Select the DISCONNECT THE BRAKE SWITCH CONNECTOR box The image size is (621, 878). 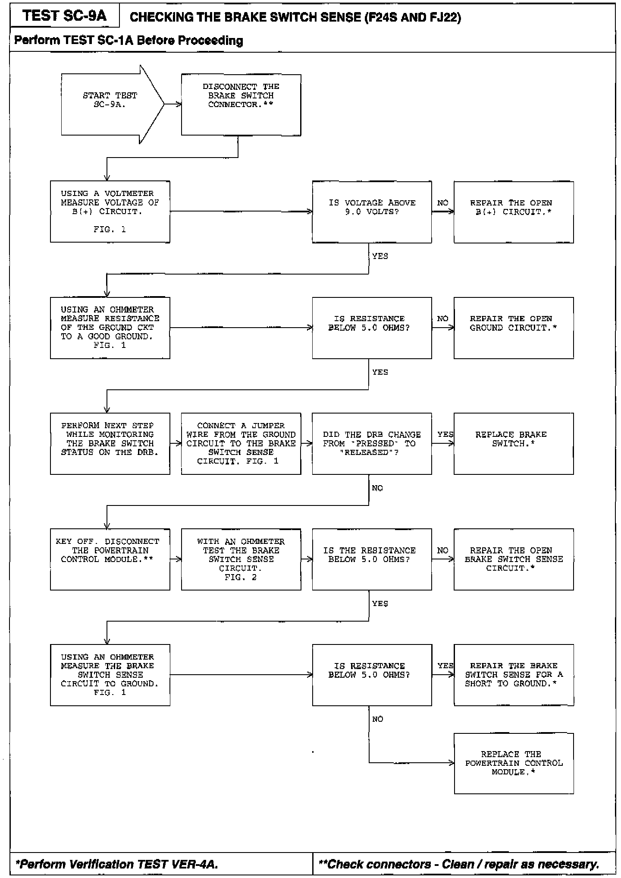[241, 105]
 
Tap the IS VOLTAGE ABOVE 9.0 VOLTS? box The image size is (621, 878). [372, 212]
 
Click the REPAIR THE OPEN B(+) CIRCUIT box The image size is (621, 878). [513, 212]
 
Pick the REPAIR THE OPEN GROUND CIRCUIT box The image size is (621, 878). [513, 328]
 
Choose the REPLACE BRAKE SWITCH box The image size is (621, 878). [513, 443]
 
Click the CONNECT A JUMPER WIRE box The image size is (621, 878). [241, 443]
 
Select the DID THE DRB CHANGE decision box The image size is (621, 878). [372, 443]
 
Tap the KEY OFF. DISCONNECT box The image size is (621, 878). [110, 559]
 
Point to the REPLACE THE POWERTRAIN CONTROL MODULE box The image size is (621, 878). [513, 763]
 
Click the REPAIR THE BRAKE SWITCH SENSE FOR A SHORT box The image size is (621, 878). [513, 675]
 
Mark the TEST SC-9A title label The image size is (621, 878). [65, 16]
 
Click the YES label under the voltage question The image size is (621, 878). [380, 256]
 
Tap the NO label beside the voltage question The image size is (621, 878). [442, 203]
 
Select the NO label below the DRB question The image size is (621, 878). [377, 488]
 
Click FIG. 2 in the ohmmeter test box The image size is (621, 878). [241, 577]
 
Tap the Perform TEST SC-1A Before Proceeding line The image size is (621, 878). [129, 41]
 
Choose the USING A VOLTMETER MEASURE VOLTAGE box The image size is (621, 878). [110, 212]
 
